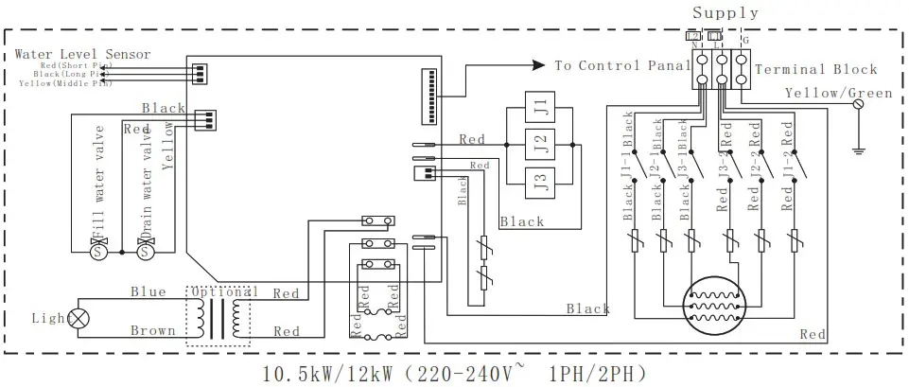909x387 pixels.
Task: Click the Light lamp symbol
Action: (x=80, y=320)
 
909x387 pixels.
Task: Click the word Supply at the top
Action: (x=725, y=12)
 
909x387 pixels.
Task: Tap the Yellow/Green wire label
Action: (x=838, y=93)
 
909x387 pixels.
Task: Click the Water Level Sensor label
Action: (x=82, y=54)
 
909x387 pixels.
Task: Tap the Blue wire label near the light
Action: (x=149, y=292)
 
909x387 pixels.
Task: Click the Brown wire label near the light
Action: (x=152, y=331)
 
